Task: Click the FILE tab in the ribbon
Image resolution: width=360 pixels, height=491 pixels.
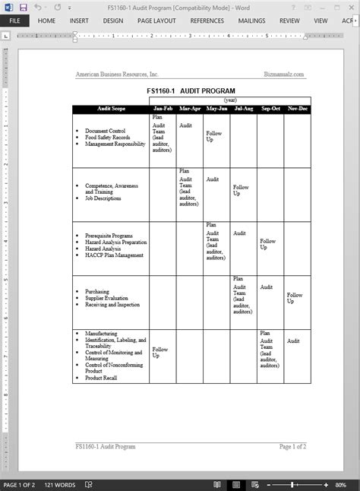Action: click(x=14, y=21)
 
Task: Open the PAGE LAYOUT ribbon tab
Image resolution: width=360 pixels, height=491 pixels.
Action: click(x=156, y=21)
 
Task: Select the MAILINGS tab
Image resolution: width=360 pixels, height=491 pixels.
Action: click(x=251, y=21)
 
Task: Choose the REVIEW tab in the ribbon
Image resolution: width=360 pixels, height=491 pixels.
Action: click(x=289, y=21)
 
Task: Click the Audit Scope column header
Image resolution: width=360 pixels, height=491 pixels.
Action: click(x=111, y=109)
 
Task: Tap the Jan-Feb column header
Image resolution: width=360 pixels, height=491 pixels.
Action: click(x=163, y=109)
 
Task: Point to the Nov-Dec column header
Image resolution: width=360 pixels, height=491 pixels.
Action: click(x=297, y=109)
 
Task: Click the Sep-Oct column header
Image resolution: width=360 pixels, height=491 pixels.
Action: click(x=270, y=109)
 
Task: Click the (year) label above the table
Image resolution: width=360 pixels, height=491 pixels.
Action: click(x=229, y=100)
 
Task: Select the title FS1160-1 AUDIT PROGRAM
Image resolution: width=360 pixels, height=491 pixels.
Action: click(x=191, y=90)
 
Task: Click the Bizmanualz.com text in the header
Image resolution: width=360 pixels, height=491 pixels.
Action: click(x=284, y=74)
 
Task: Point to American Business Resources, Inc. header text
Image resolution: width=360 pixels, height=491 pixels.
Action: click(x=117, y=74)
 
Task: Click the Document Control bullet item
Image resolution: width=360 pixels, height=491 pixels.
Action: click(x=105, y=131)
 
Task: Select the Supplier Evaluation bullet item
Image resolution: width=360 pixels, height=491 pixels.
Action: click(x=107, y=298)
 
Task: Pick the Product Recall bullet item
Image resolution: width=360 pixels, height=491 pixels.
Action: click(x=101, y=378)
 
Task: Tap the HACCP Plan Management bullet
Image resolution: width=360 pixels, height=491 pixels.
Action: click(x=114, y=255)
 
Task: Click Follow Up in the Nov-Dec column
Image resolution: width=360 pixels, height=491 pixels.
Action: click(x=295, y=298)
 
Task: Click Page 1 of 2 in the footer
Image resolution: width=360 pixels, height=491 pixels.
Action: click(x=292, y=447)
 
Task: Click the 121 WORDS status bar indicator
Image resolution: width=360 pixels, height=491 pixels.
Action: click(x=60, y=484)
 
